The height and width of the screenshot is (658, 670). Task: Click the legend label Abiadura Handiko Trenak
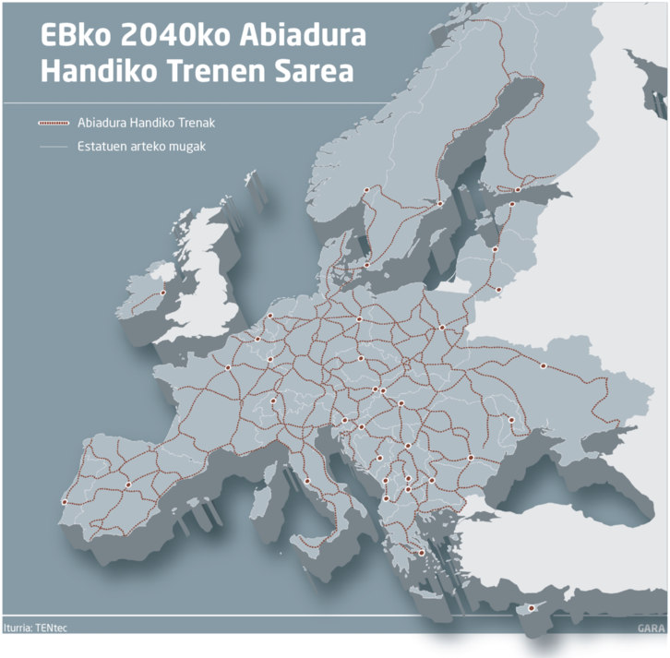click(148, 123)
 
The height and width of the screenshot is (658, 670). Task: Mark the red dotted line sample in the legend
click(53, 123)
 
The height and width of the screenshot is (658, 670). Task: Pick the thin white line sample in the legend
click(53, 146)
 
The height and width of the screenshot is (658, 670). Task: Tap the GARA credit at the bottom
click(651, 628)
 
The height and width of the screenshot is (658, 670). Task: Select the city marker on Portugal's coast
click(64, 502)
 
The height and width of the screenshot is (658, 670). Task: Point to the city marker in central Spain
click(128, 485)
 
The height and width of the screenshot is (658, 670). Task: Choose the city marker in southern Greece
click(422, 553)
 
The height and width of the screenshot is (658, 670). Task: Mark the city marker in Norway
click(366, 189)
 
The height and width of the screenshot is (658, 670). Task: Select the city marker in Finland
click(518, 190)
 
